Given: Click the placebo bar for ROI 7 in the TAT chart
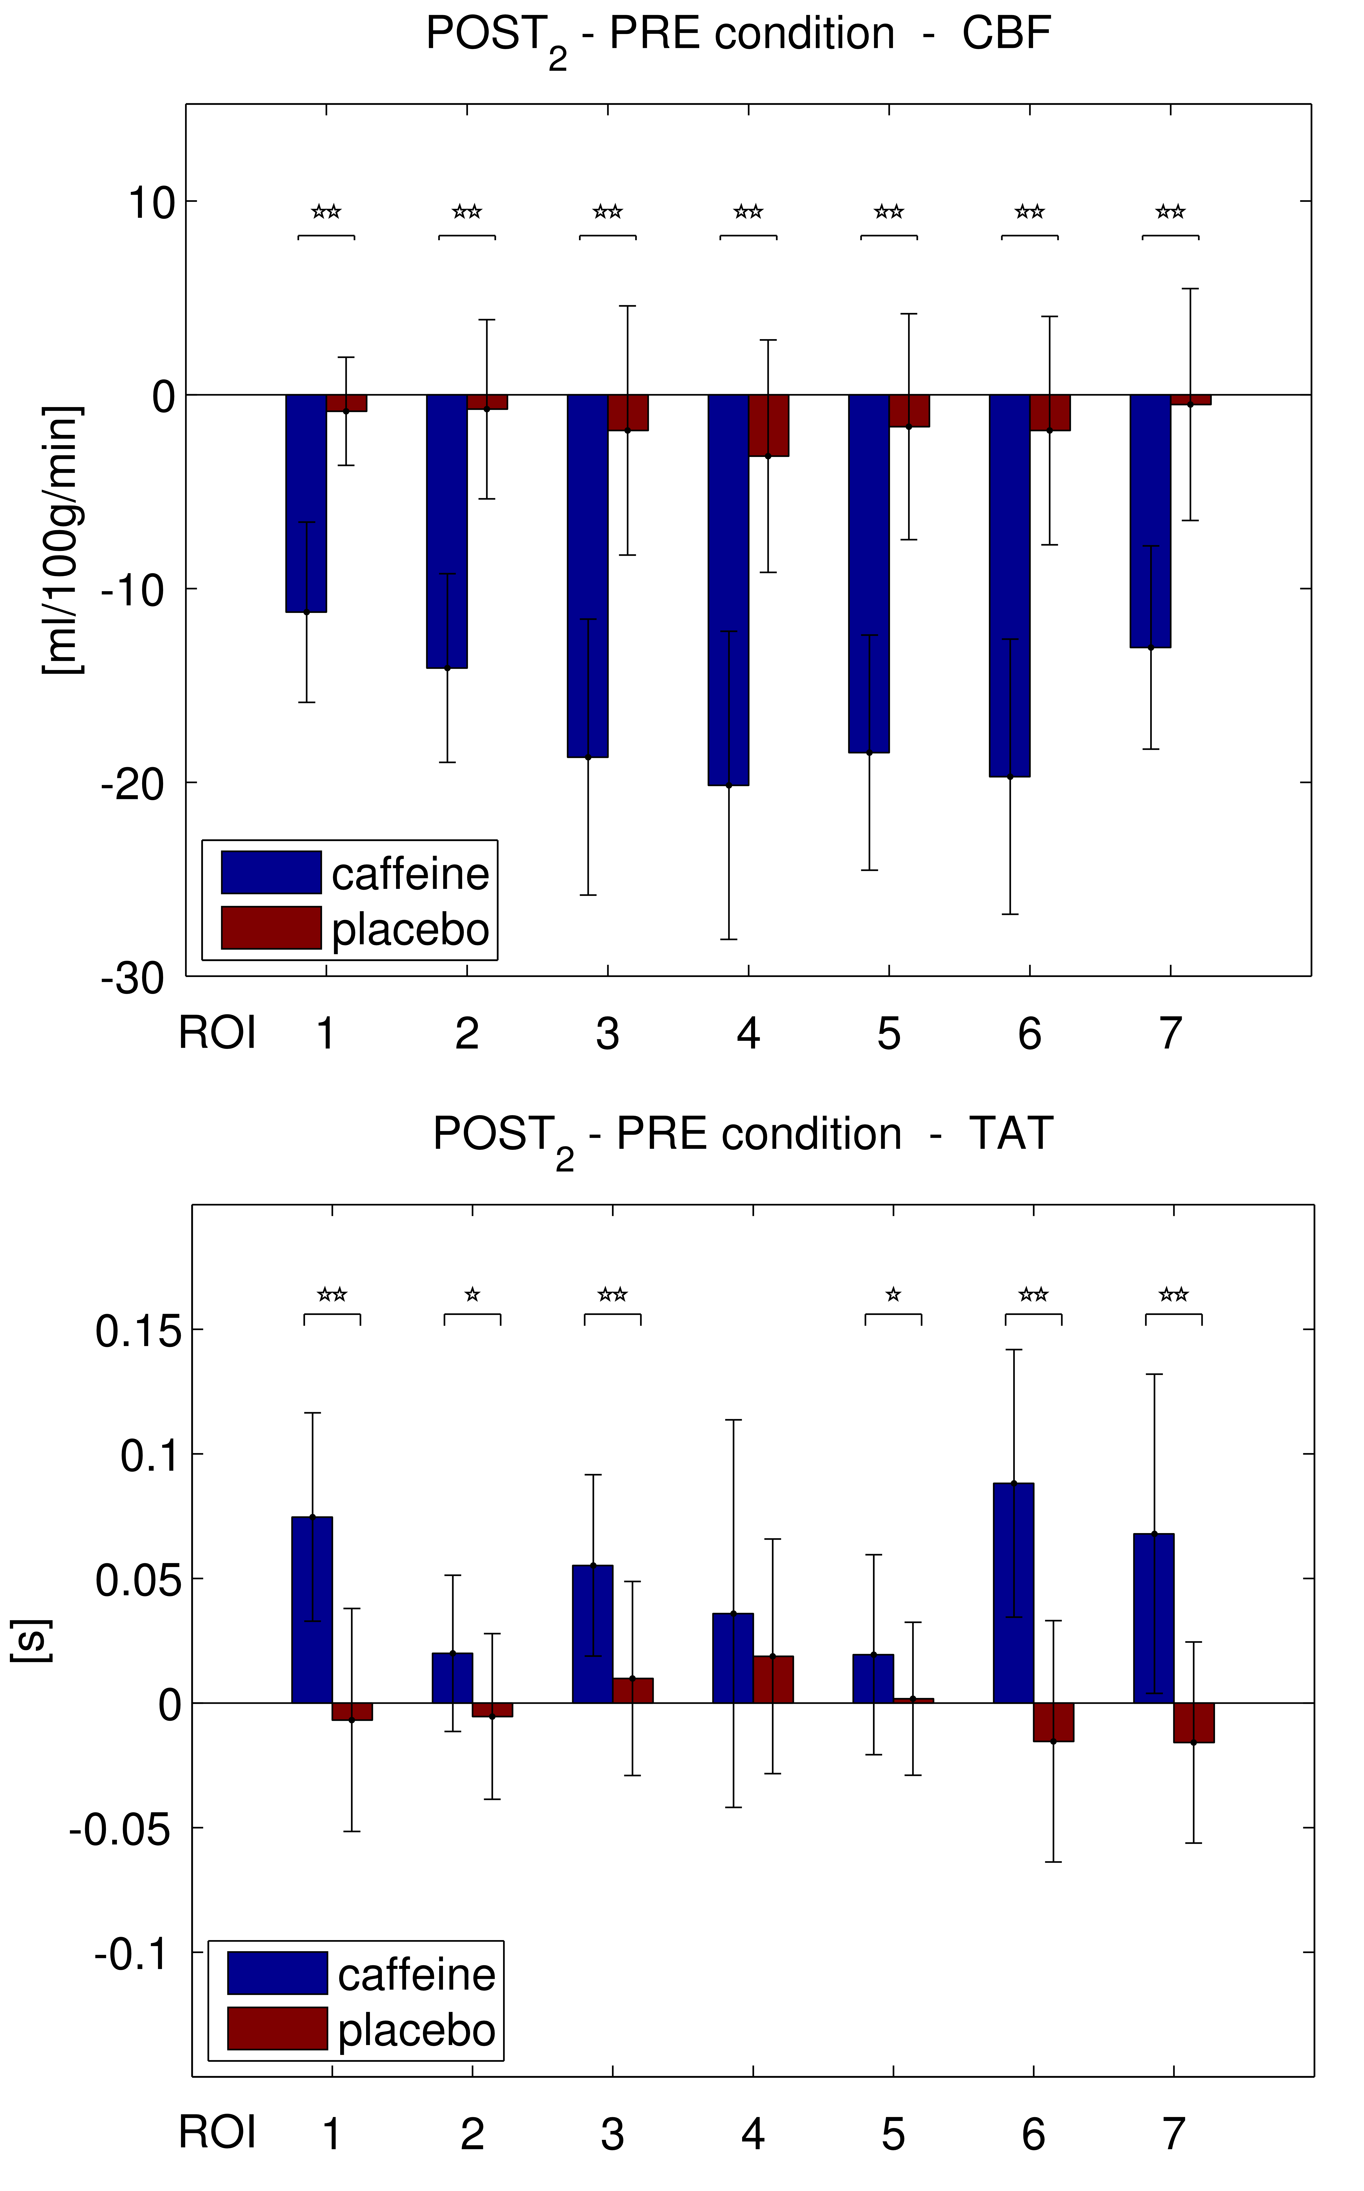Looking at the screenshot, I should point(1194,1723).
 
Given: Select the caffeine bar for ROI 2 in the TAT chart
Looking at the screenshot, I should point(452,1678).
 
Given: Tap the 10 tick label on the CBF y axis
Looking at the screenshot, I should point(151,203).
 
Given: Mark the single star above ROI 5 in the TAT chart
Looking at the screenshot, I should point(893,1295).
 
